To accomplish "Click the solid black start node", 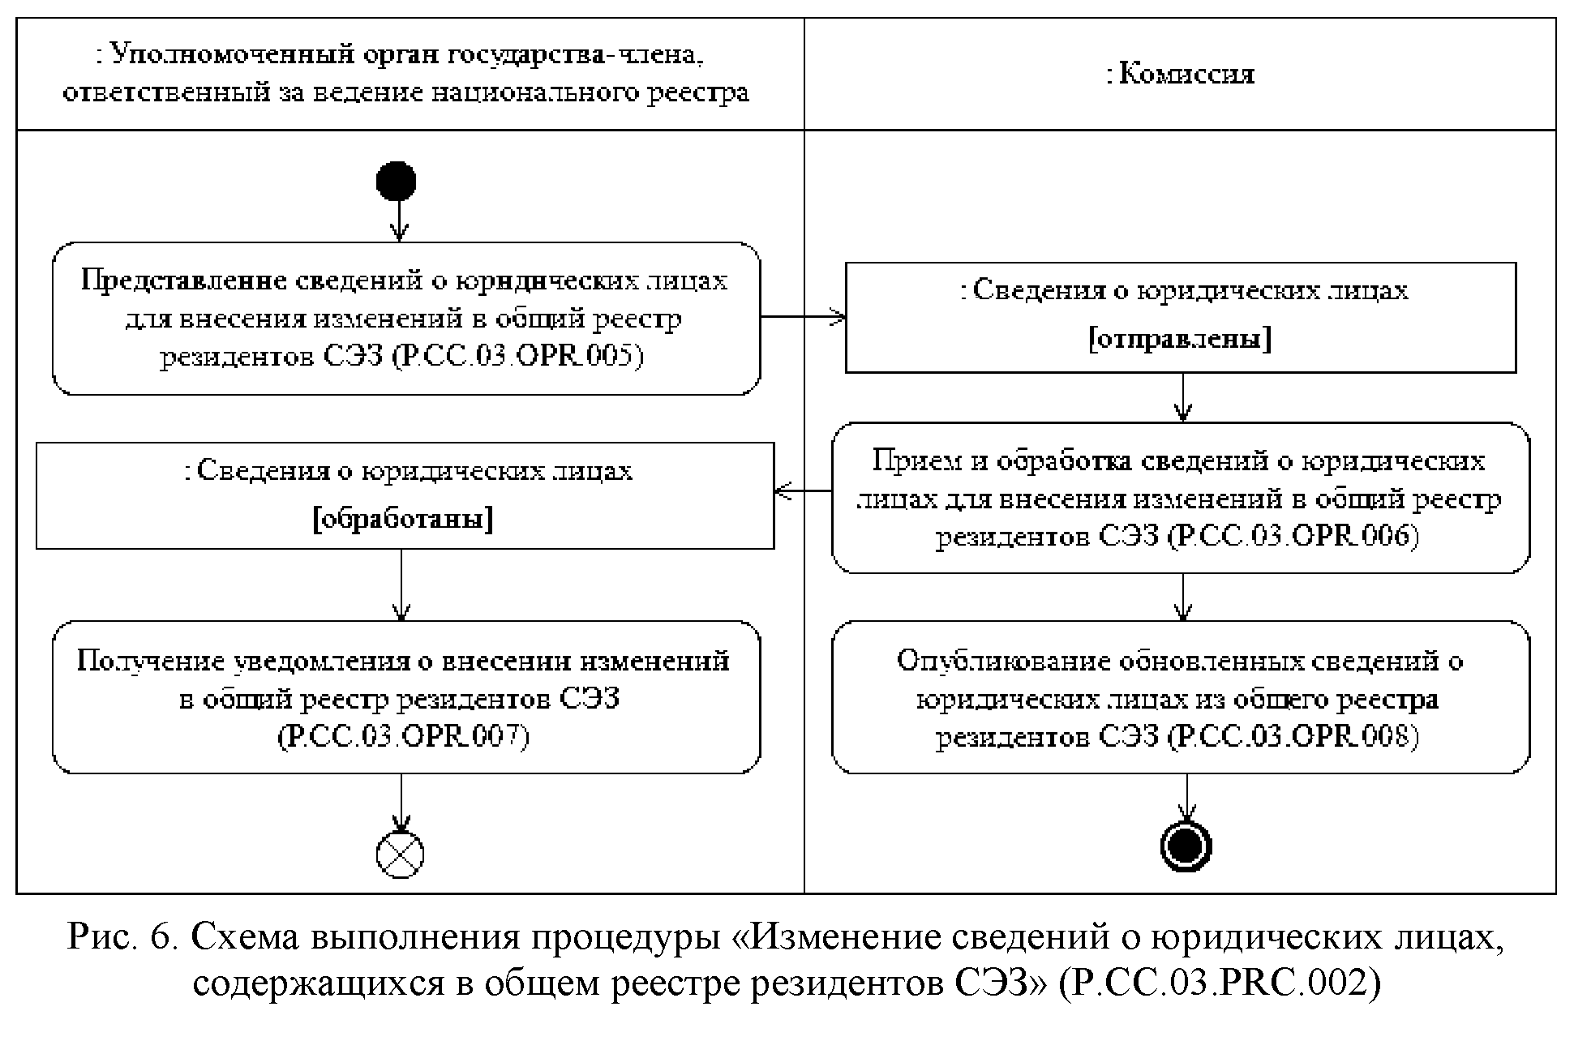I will point(397,182).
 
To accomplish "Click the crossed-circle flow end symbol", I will point(401,853).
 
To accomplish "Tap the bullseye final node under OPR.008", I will point(1186,846).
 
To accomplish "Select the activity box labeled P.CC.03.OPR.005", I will point(406,319).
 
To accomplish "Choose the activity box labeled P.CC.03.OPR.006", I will point(1181,498).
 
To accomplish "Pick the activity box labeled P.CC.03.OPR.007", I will point(406,697).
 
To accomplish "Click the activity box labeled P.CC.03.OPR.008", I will point(1181,697).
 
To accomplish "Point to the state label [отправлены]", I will point(1180,340).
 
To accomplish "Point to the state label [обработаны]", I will point(403,519).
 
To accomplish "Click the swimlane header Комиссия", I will point(1180,75).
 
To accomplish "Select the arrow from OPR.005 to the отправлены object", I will point(803,317).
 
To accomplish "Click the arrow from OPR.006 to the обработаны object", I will point(803,491).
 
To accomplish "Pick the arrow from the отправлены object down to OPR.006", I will point(1183,397).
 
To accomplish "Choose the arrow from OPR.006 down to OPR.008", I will point(1183,598).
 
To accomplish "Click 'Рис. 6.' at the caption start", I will point(121,938).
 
